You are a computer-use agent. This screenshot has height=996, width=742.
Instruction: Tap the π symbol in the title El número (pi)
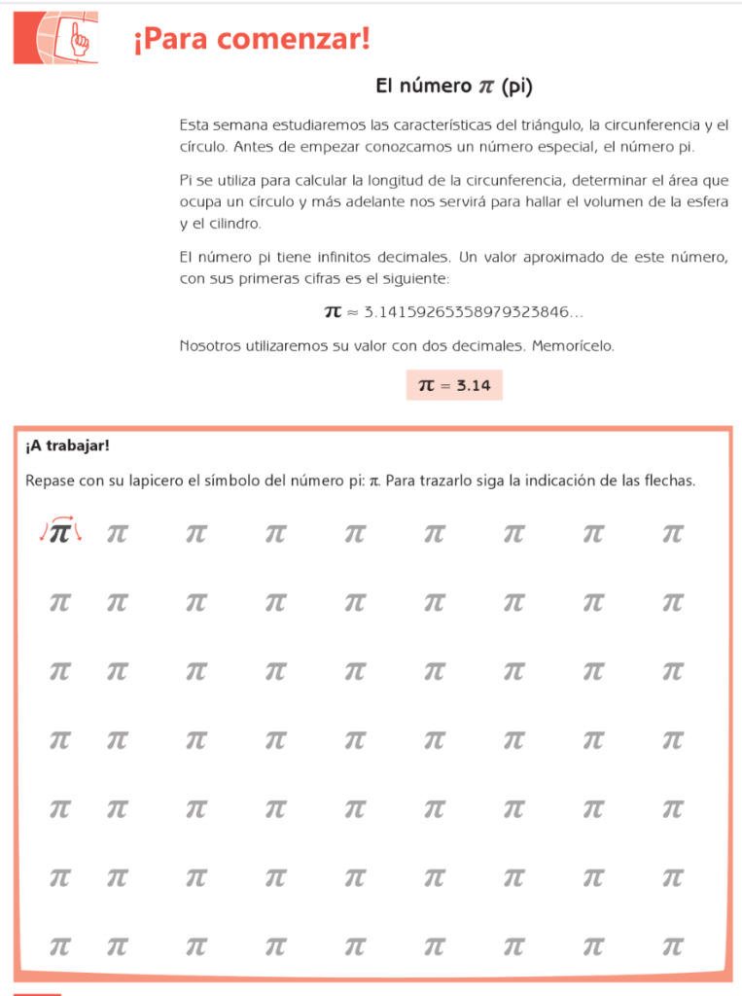pos(486,87)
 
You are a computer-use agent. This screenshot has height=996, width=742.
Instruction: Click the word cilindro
pos(231,223)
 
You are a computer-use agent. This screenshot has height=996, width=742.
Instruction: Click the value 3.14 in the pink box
pos(473,386)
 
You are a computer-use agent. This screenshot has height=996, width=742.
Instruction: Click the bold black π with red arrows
pos(60,533)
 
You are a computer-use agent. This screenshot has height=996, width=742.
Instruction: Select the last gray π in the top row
pos(672,534)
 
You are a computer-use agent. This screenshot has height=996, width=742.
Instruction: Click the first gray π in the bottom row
pos(60,945)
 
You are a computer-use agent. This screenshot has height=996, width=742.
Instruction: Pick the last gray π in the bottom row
pos(672,945)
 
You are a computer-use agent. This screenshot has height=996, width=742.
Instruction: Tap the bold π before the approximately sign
pos(333,312)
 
